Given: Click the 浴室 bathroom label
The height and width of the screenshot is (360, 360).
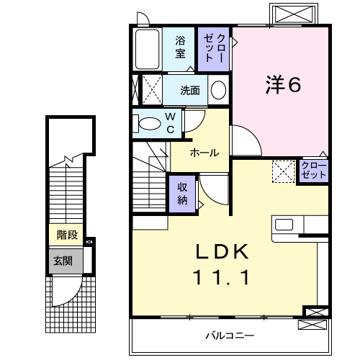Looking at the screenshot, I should pos(180,48).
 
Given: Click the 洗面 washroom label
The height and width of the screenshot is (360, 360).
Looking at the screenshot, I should pos(190,91).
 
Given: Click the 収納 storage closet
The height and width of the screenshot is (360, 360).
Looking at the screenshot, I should pos(183,192).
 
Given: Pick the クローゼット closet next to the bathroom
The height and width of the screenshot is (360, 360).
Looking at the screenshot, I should pos(214,48).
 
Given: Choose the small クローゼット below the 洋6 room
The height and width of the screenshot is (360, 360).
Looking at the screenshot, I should pos(314,171).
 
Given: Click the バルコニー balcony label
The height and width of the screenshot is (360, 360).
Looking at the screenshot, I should pos(229,336).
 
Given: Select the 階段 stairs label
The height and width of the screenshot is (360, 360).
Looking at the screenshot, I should pos(67,235).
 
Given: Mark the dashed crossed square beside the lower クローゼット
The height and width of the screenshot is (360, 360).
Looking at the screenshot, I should pos(283,171).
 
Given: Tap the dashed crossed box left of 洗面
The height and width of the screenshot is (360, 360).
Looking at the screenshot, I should pos(150,90).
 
